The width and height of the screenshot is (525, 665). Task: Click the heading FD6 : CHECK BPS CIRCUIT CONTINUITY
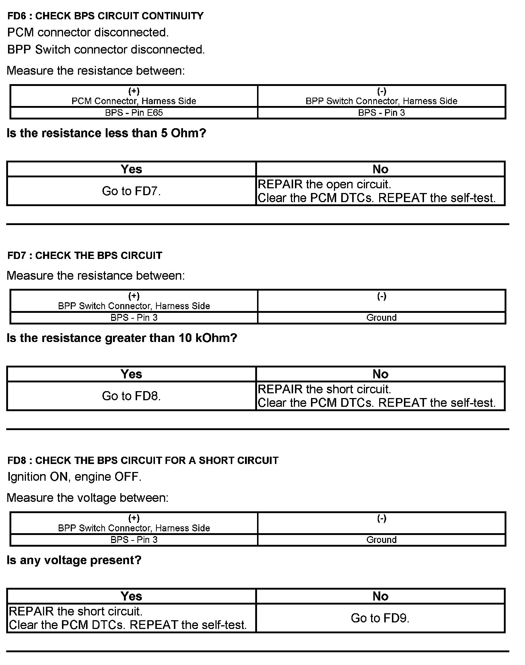[x=105, y=16]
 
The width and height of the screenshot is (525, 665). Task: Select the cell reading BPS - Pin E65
[x=134, y=113]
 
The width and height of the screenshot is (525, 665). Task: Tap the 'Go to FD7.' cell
[x=131, y=191]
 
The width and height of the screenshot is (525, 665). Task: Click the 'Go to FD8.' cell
[x=131, y=396]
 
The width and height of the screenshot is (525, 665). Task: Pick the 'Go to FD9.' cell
[x=380, y=618]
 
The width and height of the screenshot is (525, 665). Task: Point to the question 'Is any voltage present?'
[x=74, y=560]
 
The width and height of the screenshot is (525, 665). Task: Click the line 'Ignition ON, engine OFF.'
[x=74, y=477]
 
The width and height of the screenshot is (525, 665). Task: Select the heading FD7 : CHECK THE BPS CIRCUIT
[x=85, y=256]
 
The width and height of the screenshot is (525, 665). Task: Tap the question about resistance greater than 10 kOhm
[x=122, y=338]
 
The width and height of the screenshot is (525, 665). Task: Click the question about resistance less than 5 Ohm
[x=106, y=133]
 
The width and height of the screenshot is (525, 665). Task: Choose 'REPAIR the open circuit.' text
[x=324, y=184]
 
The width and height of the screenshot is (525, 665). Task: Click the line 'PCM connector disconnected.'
[x=88, y=32]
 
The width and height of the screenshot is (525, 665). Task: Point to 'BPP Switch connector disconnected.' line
[x=106, y=50]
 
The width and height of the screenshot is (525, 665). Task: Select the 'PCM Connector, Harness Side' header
[x=134, y=101]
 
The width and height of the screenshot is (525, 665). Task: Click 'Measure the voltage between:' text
[x=87, y=498]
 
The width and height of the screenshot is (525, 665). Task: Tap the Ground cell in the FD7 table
[x=381, y=318]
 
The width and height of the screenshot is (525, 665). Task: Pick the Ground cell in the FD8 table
[x=381, y=540]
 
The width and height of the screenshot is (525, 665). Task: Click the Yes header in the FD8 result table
[x=131, y=596]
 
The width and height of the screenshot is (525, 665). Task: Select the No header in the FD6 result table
[x=380, y=169]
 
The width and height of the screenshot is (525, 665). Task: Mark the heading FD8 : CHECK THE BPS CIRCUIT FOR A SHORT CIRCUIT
[x=143, y=461]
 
